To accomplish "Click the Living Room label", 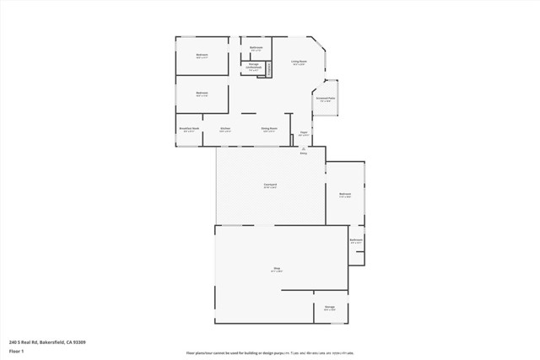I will click(299, 62).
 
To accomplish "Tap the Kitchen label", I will click(225, 129).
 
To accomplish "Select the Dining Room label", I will click(269, 129).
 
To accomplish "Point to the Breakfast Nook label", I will click(189, 129).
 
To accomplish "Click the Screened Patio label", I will click(326, 98).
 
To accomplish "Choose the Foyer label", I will click(304, 132).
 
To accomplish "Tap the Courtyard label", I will click(271, 185).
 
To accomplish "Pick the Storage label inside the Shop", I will click(330, 308).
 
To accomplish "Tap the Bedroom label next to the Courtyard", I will click(345, 194).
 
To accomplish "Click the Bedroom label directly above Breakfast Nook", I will click(202, 93).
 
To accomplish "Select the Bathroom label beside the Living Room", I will click(256, 47).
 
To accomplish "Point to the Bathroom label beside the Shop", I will click(356, 240).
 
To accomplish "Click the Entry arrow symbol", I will click(304, 148).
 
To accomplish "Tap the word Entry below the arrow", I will click(304, 153).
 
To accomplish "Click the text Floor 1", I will click(16, 350).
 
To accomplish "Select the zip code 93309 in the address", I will click(79, 341).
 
